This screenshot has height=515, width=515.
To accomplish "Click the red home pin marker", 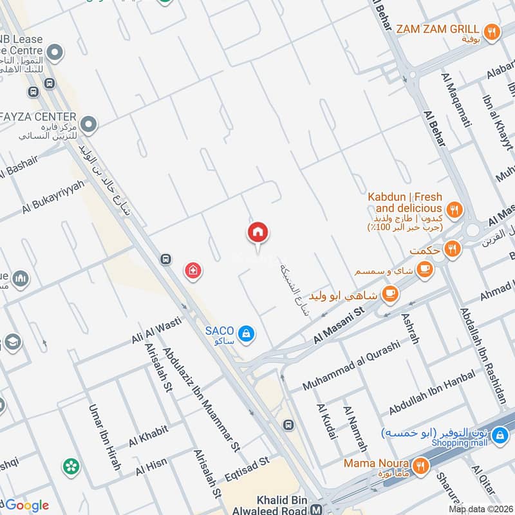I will [x=258, y=232].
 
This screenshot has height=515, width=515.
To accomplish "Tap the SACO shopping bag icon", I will [x=246, y=333].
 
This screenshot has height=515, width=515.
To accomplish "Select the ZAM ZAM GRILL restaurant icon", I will [x=492, y=30].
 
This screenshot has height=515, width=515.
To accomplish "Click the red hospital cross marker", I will [x=192, y=271].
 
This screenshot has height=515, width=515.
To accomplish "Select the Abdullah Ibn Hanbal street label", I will [x=432, y=392].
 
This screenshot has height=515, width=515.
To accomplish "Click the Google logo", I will [x=26, y=505].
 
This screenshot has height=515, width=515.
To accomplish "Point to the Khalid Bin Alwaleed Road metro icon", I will [x=316, y=510].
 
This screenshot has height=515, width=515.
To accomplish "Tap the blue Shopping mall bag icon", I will [x=498, y=436].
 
